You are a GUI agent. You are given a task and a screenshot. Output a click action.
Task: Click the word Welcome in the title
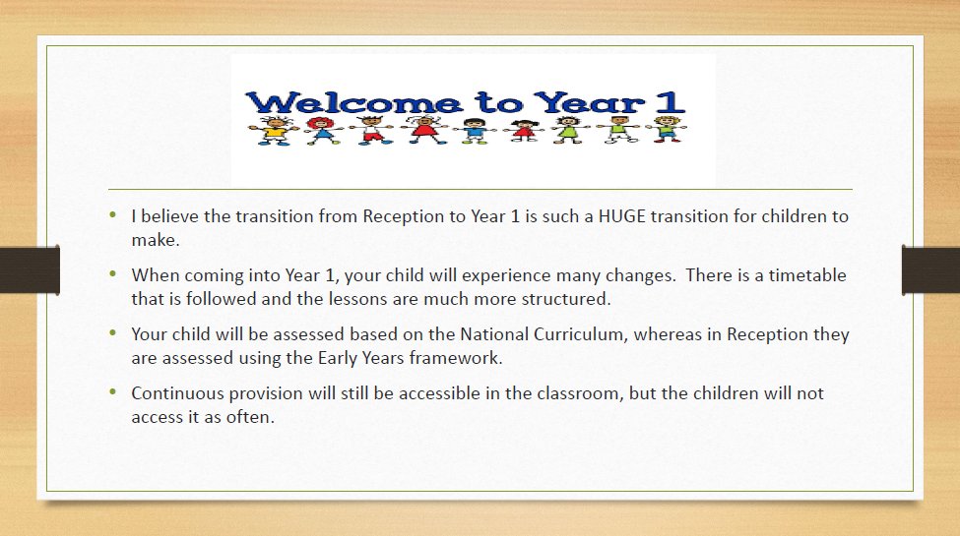click(x=353, y=103)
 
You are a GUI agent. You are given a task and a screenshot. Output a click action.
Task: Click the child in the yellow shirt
click(x=274, y=130)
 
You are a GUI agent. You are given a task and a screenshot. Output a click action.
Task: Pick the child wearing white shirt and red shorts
click(x=371, y=130)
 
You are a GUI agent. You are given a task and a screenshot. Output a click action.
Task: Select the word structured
click(x=566, y=299)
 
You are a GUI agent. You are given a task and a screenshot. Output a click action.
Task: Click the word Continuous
click(x=177, y=392)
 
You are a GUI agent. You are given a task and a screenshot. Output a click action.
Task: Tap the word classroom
click(x=580, y=393)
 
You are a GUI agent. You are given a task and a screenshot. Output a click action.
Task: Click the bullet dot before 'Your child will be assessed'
click(x=112, y=332)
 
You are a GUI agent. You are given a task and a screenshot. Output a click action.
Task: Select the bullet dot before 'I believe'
click(x=112, y=214)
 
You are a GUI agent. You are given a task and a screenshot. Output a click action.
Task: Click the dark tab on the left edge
click(x=30, y=269)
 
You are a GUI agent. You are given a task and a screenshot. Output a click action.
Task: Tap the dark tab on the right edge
click(x=930, y=269)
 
